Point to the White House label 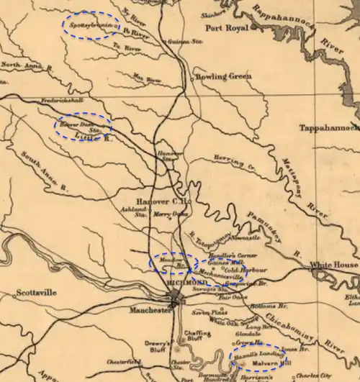333,265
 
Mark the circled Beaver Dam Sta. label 82,127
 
